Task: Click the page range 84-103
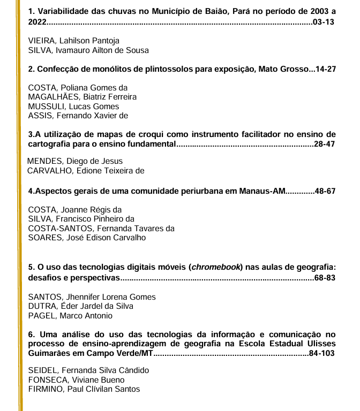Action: point(322,354)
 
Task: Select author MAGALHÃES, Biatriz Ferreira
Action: point(82,97)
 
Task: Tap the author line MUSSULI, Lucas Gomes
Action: point(73,106)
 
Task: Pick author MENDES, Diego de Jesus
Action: point(75,161)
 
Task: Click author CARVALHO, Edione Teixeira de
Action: point(86,171)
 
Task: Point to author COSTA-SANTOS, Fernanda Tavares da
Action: point(101,228)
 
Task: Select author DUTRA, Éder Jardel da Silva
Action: point(80,306)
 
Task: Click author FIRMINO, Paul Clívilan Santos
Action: point(84,389)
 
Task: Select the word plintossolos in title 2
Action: point(149,69)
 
